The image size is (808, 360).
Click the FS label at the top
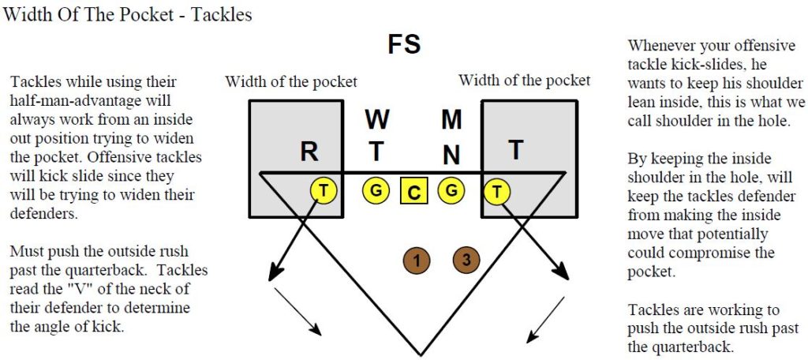point(404,44)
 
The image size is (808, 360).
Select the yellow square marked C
point(413,192)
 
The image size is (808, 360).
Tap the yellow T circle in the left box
point(323,191)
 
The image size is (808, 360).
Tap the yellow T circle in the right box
point(497,191)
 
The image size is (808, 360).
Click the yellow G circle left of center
point(376,190)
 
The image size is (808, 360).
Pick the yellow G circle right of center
point(451,190)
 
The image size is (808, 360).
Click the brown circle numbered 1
point(417,261)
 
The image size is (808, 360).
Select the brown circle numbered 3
point(466,260)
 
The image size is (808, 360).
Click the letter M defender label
point(451,120)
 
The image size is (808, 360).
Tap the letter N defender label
point(451,155)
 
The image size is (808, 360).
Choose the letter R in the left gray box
point(309,152)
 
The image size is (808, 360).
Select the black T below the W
point(376,152)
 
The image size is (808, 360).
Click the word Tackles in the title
point(222,14)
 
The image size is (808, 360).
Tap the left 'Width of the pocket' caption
point(291,81)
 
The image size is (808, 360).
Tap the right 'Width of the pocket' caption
point(525,81)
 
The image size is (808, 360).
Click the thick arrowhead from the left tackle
point(277,270)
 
